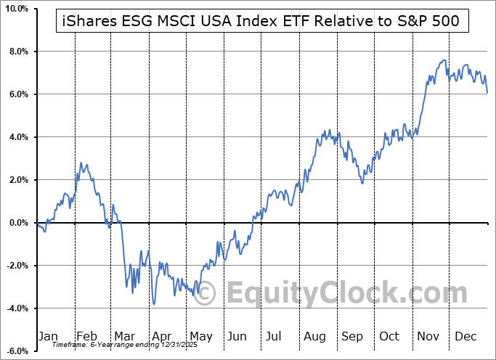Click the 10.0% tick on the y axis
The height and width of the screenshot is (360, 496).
[x=16, y=9]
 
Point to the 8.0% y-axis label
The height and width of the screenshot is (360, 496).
[x=17, y=52]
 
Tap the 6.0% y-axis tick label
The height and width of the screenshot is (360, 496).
[x=17, y=95]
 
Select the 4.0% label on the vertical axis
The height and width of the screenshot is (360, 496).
[x=17, y=138]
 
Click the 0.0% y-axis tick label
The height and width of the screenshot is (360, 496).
[x=17, y=224]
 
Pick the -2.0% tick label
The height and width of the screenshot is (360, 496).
[x=16, y=266]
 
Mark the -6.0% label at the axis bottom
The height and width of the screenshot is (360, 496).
[x=16, y=352]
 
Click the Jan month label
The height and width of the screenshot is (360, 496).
[x=47, y=337]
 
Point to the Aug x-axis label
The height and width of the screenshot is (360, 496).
[x=314, y=337]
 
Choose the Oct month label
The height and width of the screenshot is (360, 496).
[x=389, y=337]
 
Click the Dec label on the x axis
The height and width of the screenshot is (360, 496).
[x=465, y=337]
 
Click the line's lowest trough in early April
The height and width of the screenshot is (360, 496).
[x=153, y=303]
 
